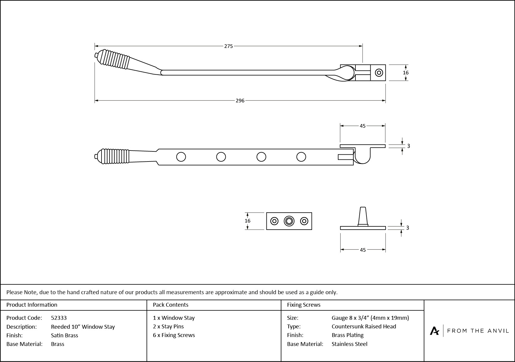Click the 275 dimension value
[228, 46]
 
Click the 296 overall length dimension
[240, 101]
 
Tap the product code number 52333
[59, 318]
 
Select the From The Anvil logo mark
[434, 331]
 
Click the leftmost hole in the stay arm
[181, 157]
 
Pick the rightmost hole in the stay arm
[301, 157]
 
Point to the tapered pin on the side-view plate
[363, 216]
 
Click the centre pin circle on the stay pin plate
[289, 221]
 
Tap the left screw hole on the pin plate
[274, 221]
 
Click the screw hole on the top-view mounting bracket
[379, 73]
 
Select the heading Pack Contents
[170, 305]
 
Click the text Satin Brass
[64, 335]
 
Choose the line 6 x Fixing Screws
[174, 335]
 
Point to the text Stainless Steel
[349, 344]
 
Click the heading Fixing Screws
[303, 305]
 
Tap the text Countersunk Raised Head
[363, 326]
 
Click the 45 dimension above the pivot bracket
[362, 126]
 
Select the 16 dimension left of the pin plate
[247, 221]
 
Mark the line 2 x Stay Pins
[168, 326]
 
